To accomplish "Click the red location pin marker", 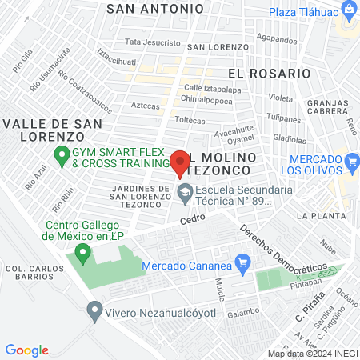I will (x=181, y=162).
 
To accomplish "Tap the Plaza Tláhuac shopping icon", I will (x=349, y=10).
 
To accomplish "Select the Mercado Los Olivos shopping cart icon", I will (x=352, y=162).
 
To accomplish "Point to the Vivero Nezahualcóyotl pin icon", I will (x=95, y=309).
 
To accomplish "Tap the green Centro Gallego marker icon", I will (x=80, y=255).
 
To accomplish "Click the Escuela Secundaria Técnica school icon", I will (x=185, y=191).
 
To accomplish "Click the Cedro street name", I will (x=193, y=218).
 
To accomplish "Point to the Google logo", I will (x=26, y=350).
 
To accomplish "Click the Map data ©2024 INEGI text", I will (x=313, y=354).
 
